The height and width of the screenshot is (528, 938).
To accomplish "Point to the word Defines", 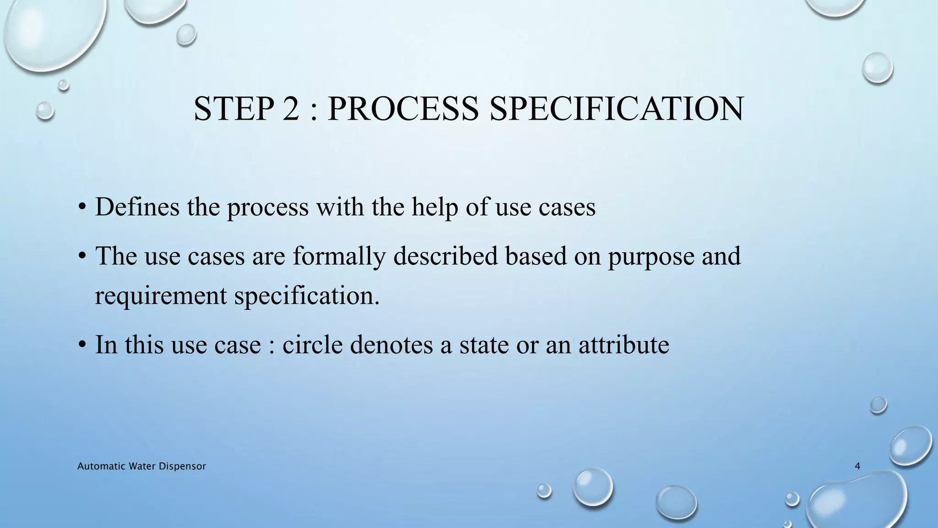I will [x=137, y=206].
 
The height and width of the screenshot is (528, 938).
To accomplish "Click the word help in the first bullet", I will [x=435, y=207].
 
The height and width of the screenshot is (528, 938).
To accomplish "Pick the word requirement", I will [x=161, y=295].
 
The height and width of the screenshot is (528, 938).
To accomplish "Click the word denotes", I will [x=391, y=344].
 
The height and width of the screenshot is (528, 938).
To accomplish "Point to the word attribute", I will [x=623, y=344].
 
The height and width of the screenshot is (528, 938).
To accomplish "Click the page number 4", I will [x=857, y=467].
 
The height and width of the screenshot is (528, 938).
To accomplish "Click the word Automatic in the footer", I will [x=96, y=467].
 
